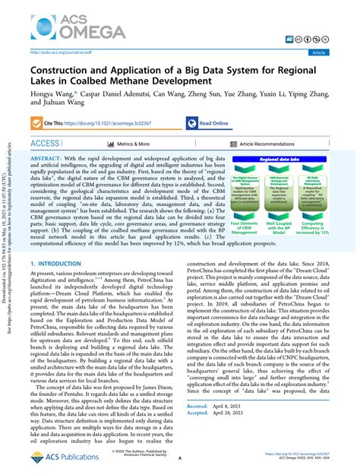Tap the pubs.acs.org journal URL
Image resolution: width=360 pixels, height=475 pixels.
61,53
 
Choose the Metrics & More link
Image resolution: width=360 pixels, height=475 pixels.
133,143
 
